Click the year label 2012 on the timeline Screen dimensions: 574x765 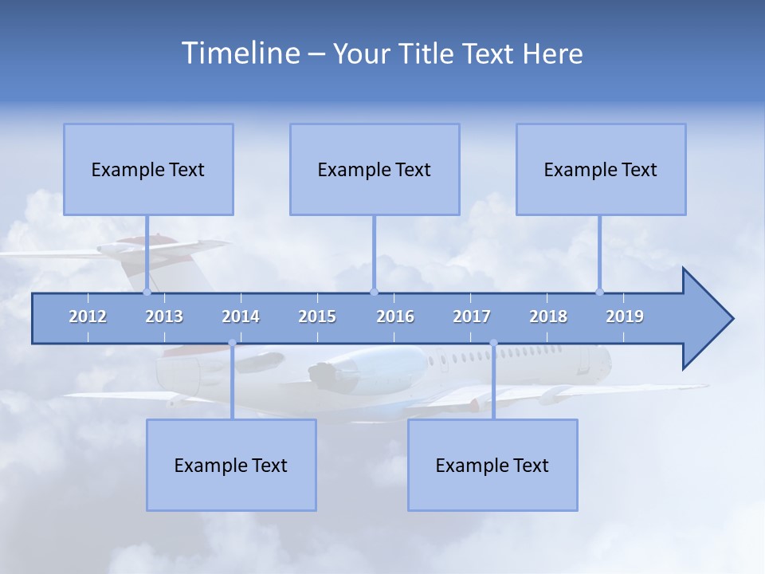tap(88, 316)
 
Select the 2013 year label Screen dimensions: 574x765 tap(164, 316)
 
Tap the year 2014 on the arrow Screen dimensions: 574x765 tap(241, 316)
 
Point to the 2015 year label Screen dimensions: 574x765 tap(317, 316)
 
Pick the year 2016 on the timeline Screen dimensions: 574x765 tap(395, 316)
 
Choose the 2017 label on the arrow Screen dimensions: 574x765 tap(472, 316)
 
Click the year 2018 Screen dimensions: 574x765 tap(548, 316)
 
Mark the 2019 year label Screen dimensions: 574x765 tap(625, 316)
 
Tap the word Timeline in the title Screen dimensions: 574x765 tap(240, 53)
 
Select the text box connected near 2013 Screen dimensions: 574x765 tap(148, 169)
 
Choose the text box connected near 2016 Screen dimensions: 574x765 tap(375, 169)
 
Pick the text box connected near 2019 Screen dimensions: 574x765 tap(601, 169)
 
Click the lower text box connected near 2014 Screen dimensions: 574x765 tap(231, 465)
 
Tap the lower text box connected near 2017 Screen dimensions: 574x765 tap(492, 465)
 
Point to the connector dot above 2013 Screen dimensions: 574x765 tap(147, 292)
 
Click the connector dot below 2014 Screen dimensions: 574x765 tap(232, 343)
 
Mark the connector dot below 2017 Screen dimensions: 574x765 tap(493, 343)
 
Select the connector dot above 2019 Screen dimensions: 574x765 tap(599, 292)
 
